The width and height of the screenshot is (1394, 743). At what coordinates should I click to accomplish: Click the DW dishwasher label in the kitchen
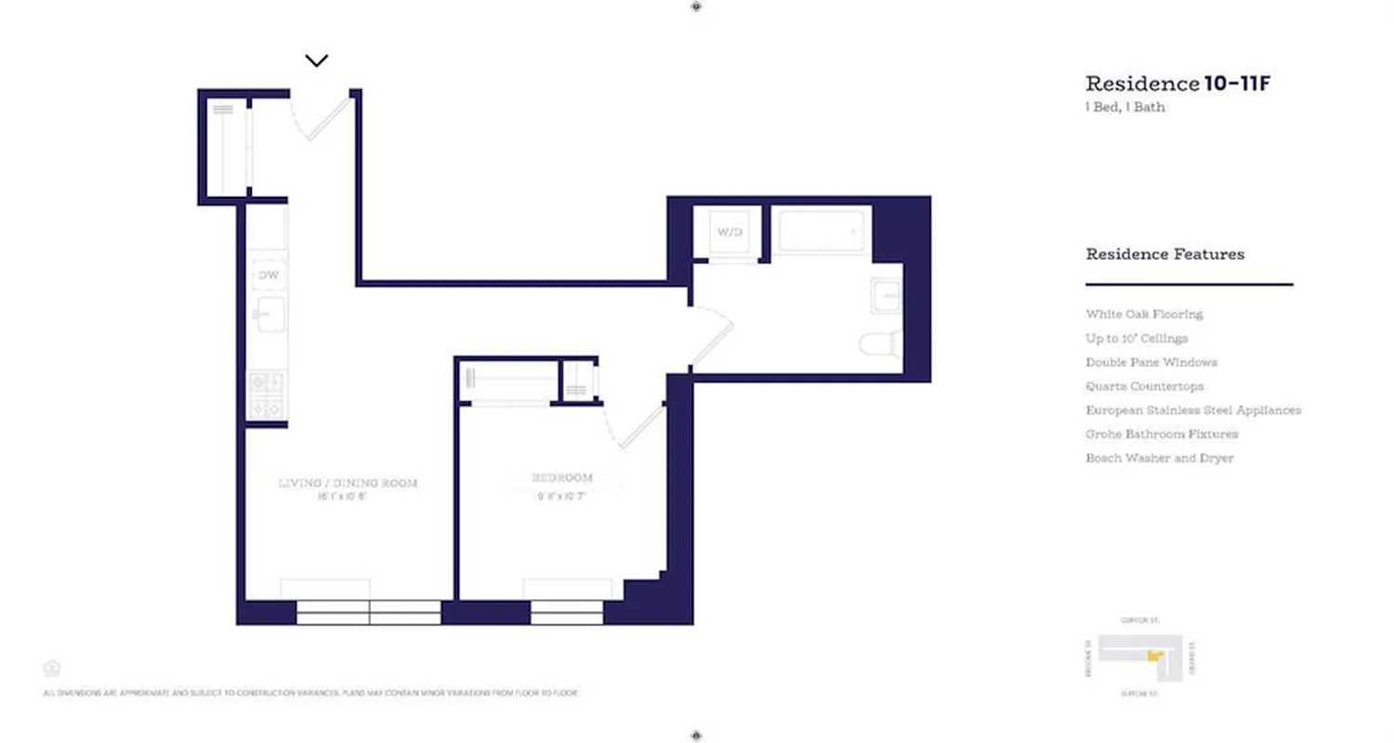click(x=268, y=275)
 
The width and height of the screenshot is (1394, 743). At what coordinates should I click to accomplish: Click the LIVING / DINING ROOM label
click(x=348, y=483)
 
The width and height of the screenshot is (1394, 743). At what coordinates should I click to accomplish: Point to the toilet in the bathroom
click(x=881, y=344)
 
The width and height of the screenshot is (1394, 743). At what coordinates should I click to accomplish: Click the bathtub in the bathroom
click(x=822, y=230)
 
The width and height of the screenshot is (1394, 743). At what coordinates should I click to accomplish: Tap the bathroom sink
click(x=887, y=297)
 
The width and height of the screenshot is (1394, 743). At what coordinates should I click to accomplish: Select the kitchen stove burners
click(x=268, y=394)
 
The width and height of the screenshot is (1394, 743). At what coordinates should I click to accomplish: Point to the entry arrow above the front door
click(x=317, y=61)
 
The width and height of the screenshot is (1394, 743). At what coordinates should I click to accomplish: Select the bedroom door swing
click(x=635, y=424)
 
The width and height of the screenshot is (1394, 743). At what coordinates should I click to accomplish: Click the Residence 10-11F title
click(x=1177, y=85)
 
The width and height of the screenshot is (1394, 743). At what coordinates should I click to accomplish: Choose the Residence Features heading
click(x=1164, y=254)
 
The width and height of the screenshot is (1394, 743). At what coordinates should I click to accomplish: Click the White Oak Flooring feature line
click(x=1144, y=315)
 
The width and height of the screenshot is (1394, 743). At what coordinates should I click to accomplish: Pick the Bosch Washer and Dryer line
click(x=1160, y=459)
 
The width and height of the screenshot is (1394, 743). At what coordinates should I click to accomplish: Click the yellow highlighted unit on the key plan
click(x=1155, y=656)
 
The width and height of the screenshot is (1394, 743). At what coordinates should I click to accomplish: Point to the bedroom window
click(x=567, y=611)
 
